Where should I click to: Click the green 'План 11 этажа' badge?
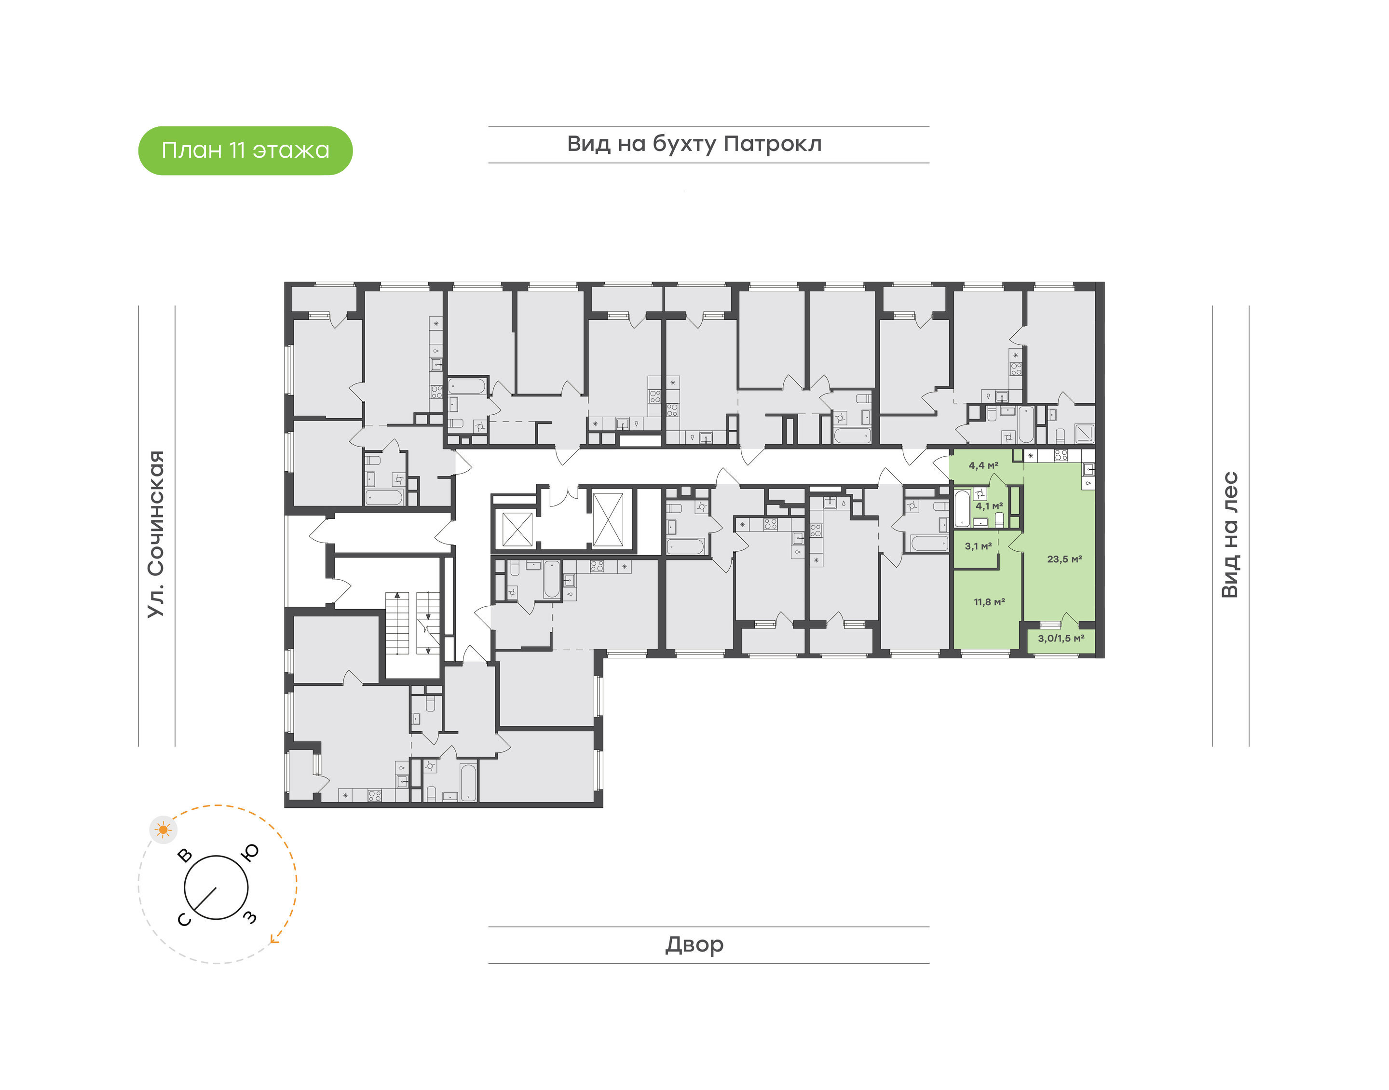pyautogui.click(x=245, y=150)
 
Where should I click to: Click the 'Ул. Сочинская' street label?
pyautogui.click(x=156, y=534)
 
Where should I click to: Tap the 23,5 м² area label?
pyautogui.click(x=1064, y=559)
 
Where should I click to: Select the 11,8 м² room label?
pyautogui.click(x=990, y=602)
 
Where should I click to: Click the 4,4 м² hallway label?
pyautogui.click(x=983, y=466)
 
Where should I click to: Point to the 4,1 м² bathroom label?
pyautogui.click(x=989, y=506)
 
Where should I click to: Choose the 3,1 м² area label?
pyautogui.click(x=978, y=546)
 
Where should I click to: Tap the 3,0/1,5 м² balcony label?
pyautogui.click(x=1061, y=638)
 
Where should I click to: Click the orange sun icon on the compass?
pyautogui.click(x=164, y=830)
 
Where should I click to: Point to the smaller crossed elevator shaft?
pyautogui.click(x=517, y=529)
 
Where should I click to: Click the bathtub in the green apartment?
pyautogui.click(x=962, y=508)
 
